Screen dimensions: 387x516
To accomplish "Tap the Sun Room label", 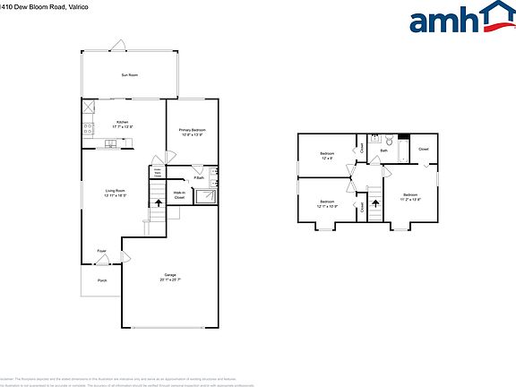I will [130, 75].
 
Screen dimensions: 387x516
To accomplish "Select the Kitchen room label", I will [122, 125].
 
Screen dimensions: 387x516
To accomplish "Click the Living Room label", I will [115, 192].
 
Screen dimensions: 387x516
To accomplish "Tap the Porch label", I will [102, 280].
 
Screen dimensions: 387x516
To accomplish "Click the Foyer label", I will [102, 251].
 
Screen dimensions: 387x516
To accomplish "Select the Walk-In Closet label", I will [179, 194].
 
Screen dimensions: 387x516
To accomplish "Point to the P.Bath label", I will [198, 178].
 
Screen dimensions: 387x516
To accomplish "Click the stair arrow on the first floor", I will [159, 204].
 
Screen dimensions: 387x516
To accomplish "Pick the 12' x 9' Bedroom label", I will [327, 157].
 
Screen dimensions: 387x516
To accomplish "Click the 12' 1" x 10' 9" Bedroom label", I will [327, 203].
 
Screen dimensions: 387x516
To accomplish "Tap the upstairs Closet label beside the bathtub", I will [424, 149].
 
